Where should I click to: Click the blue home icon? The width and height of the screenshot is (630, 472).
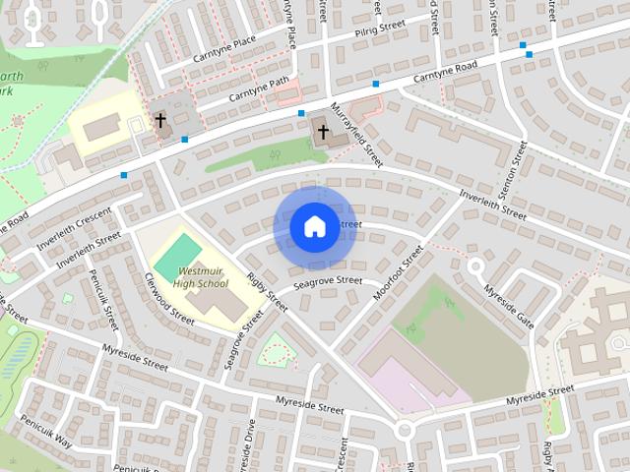click(314, 226)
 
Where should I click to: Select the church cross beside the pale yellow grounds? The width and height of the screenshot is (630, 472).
click(160, 121)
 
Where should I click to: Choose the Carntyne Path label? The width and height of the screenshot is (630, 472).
click(260, 91)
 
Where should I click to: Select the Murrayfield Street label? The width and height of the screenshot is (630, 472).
click(356, 133)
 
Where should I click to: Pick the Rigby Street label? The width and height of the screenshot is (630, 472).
click(267, 292)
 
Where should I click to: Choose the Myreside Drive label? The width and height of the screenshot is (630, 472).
click(252, 443)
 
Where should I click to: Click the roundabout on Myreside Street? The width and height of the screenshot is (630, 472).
click(403, 430)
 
